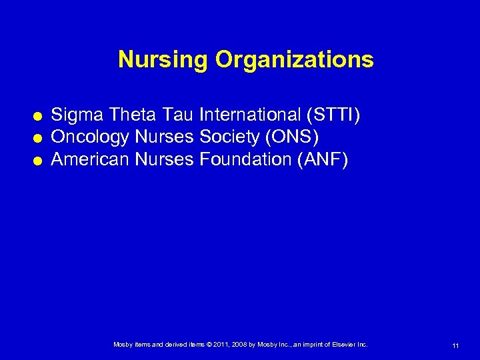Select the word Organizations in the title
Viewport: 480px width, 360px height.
click(x=294, y=60)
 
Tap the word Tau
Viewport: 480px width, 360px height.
click(x=177, y=117)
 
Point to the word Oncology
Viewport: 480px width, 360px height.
click(x=91, y=138)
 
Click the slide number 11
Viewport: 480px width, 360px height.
click(x=455, y=346)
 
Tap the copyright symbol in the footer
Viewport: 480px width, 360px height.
click(x=207, y=345)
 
